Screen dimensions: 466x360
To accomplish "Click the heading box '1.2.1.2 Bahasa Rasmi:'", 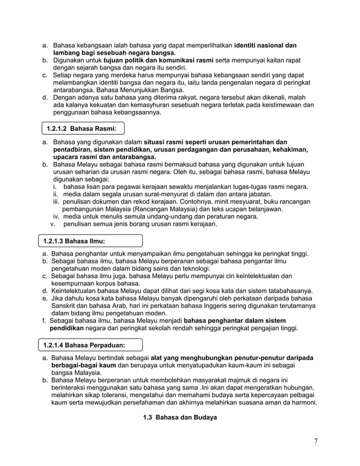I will [82, 128].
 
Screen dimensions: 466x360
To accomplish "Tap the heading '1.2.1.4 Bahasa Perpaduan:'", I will [84, 344].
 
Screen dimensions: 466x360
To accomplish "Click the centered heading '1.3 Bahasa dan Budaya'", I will [179, 417].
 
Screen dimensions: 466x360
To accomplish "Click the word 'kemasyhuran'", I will [139, 105].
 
